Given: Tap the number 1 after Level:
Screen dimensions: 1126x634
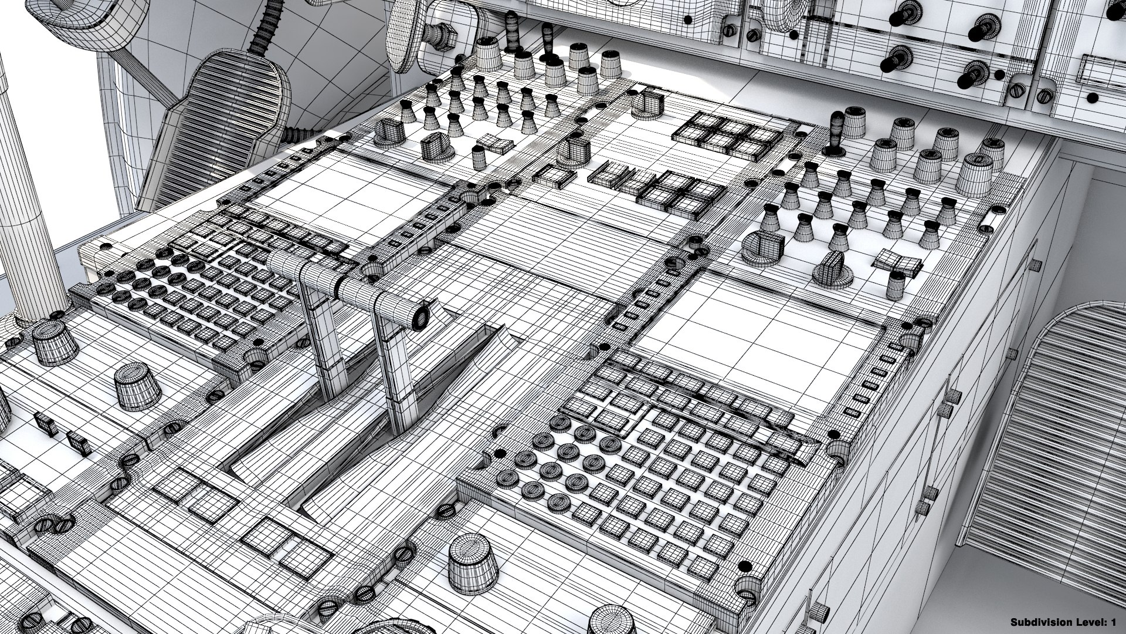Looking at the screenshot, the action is (x=1113, y=622).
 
